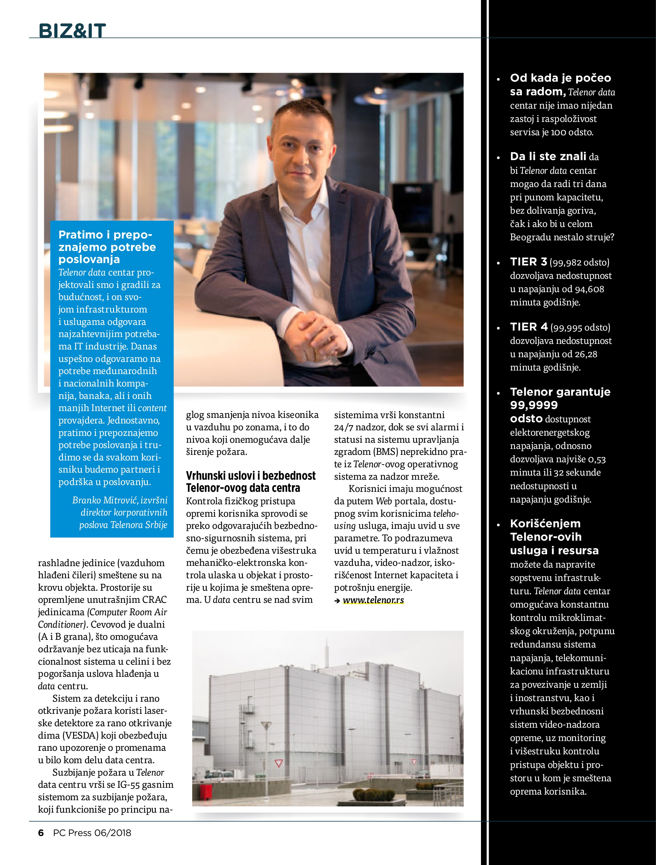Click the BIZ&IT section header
point(72,30)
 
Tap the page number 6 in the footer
point(41,832)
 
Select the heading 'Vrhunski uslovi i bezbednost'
point(251,476)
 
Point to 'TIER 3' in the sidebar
point(528,262)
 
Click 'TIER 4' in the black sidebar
point(528,327)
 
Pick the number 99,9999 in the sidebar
point(533,405)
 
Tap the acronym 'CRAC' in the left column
point(154,600)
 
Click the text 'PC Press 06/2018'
point(92,832)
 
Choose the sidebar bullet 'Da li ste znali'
point(548,157)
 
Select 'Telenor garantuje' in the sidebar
point(560,392)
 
